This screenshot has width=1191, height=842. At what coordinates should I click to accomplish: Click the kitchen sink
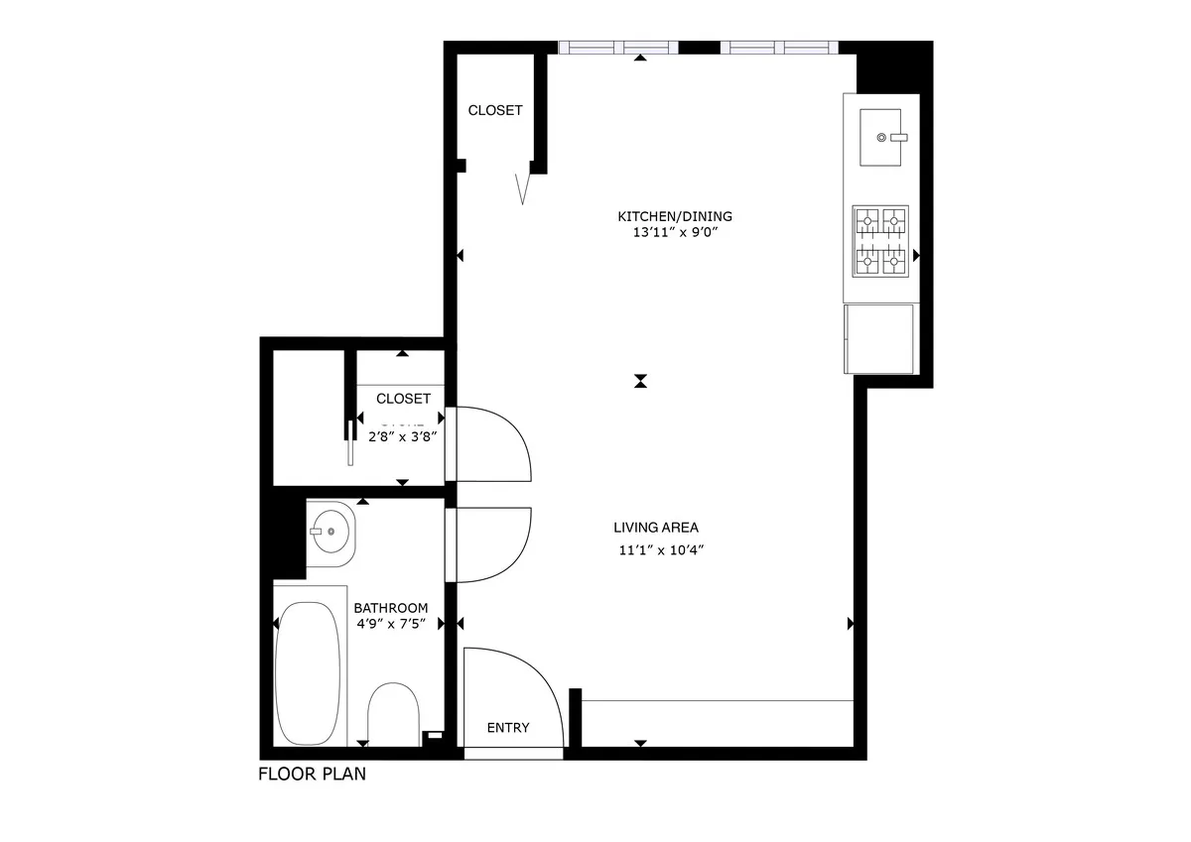coord(879,137)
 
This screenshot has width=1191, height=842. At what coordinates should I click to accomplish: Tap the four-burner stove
coord(881,241)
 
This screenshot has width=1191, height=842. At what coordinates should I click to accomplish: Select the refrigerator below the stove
coord(878,338)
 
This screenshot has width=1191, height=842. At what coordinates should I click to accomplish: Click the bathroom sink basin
coord(330,532)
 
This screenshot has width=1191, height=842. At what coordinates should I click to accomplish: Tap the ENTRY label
coord(508,728)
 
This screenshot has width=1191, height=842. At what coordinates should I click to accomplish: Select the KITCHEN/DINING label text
coord(675,216)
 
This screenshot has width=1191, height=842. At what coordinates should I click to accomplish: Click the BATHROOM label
coord(391,608)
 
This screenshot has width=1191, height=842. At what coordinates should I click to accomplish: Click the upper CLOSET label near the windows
coord(495,110)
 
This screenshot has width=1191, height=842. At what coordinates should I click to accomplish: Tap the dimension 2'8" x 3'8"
coord(404,434)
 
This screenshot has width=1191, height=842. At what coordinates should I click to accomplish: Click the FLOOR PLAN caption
coord(312,775)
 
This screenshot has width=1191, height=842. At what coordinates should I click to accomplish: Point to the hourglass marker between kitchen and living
coord(642,381)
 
